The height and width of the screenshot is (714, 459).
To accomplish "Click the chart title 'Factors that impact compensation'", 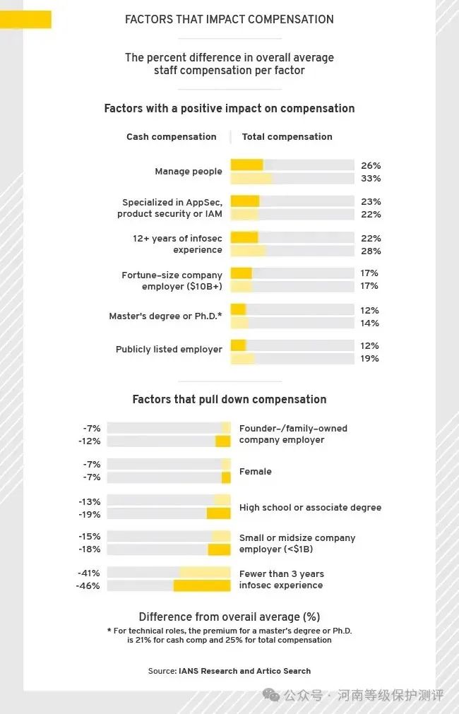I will coord(229,19).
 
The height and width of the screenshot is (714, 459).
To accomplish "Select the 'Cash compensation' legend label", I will coord(172,137).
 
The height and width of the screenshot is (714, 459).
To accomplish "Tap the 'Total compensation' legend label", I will coord(287,137).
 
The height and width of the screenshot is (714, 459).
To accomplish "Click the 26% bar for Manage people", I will coord(246,165).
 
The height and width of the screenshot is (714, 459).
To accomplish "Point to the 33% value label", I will coord(371,179).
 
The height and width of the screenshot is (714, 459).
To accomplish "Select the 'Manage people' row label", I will coord(189,172).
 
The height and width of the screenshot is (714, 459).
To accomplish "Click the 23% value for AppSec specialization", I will coord(371,201).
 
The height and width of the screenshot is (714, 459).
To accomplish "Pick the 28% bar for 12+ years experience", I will coord(248,251).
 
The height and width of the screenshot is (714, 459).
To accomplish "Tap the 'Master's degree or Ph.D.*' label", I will coord(165,316).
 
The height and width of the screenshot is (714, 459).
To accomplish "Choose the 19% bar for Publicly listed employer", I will coord(242,358).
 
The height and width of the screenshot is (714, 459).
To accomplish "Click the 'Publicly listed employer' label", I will coord(169,350).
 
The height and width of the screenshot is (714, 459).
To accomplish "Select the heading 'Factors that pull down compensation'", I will coord(229,400).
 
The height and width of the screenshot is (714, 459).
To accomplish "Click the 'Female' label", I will coord(256,472).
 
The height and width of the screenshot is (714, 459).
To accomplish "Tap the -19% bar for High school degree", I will coord(218,514).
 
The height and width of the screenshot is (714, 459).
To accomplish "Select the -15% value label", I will coord(90,537).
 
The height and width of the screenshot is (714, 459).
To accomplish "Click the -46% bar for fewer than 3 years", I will coord(202,585).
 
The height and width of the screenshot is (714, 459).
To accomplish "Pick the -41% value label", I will coord(90,573).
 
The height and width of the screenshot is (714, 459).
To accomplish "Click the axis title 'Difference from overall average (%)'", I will coord(229,617).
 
